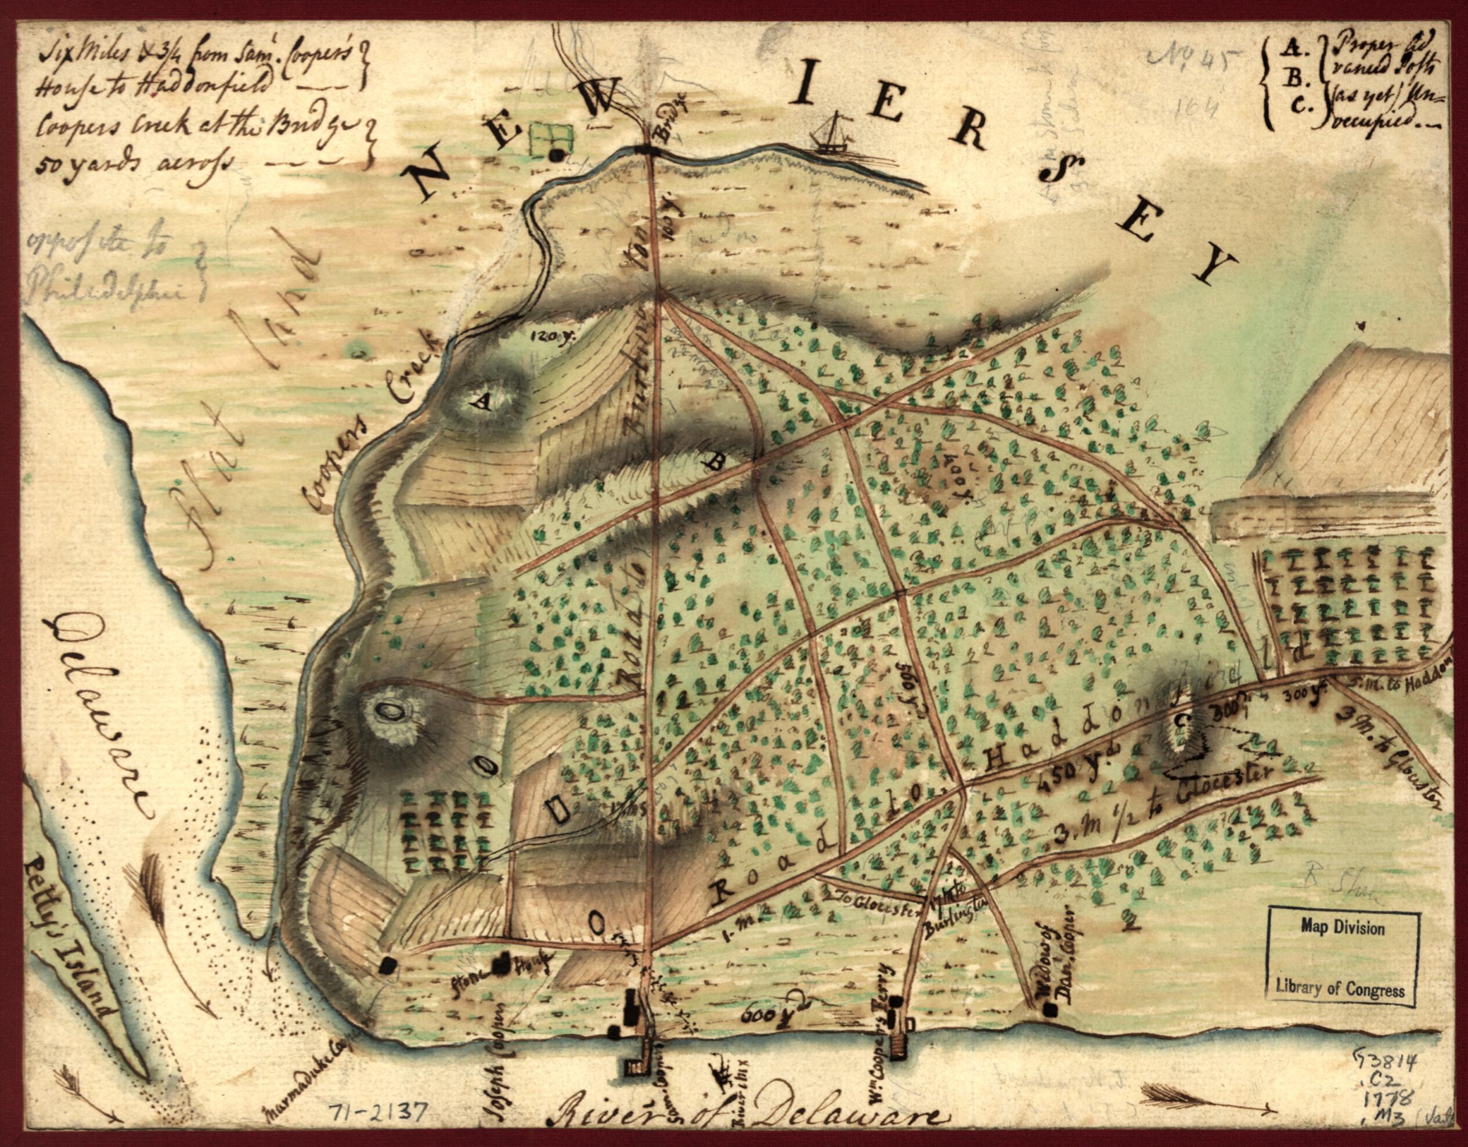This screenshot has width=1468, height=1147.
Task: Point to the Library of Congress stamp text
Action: pyautogui.click(x=1341, y=989)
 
